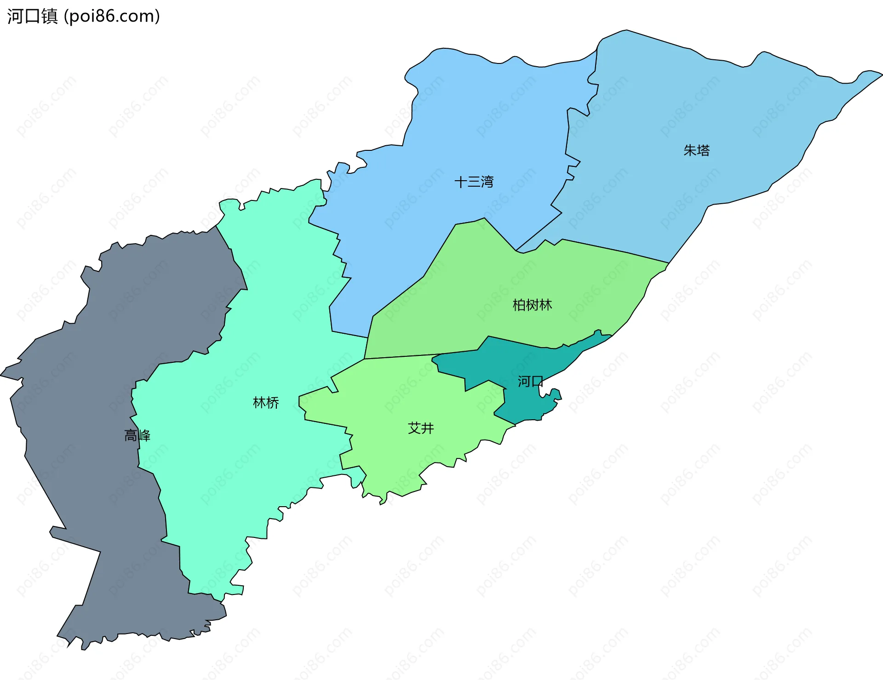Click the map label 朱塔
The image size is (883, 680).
696,150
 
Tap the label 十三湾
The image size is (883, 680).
474,182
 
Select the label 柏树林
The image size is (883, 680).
532,305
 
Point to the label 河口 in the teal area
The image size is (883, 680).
530,381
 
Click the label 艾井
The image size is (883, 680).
421,428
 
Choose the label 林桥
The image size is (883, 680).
266,403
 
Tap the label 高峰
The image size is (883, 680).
137,435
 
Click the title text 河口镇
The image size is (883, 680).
32,16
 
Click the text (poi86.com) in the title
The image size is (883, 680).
112,16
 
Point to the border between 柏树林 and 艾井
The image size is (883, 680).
414,355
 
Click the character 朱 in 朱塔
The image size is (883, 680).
690,150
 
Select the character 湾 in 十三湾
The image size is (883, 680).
487,182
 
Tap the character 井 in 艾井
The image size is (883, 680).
428,428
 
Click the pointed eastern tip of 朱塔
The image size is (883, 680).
881,74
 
